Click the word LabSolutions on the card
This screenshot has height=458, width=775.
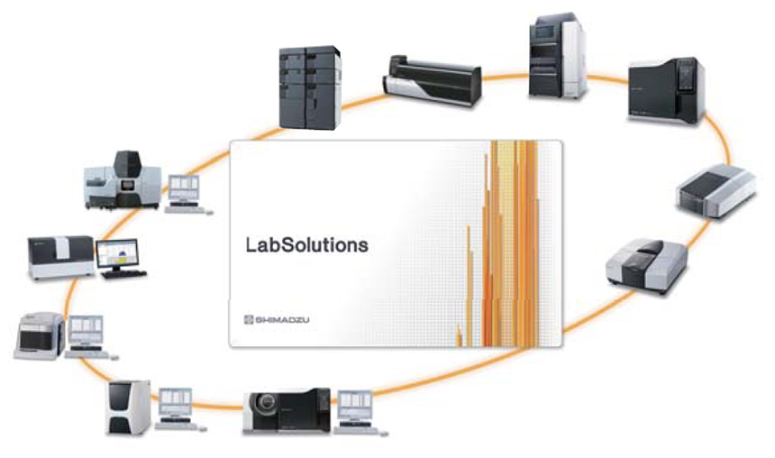click(x=306, y=244)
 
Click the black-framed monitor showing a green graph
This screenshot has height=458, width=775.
click(x=118, y=255)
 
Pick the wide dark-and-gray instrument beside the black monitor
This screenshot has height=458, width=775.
click(x=61, y=254)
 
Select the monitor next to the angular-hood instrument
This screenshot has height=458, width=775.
click(x=185, y=188)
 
